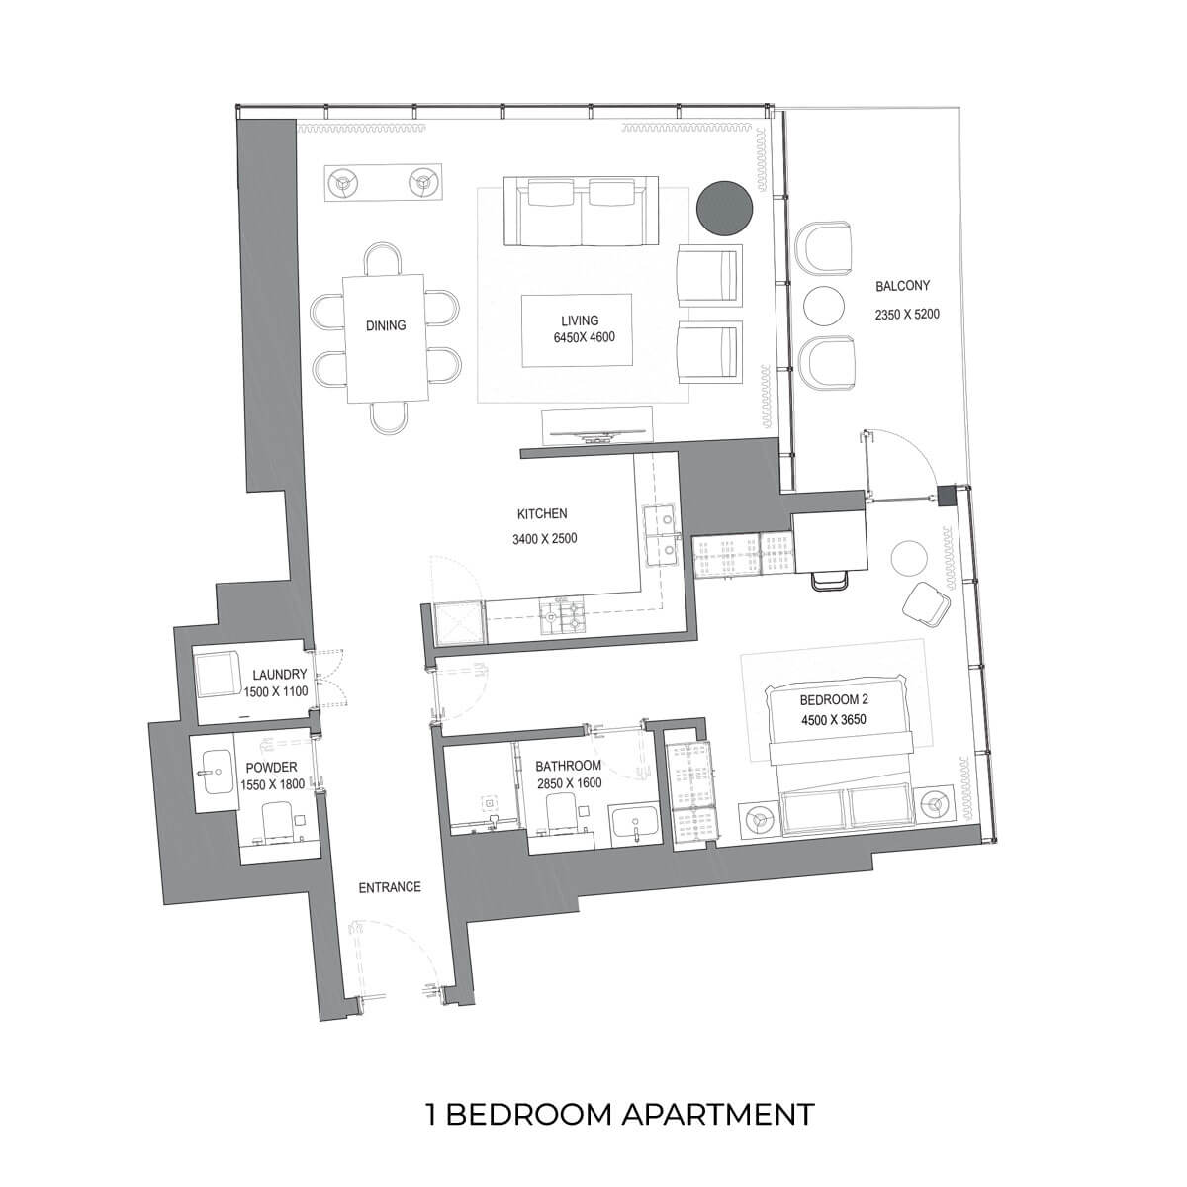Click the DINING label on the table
tap(386, 325)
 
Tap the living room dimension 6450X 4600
tap(584, 337)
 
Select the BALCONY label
tap(902, 286)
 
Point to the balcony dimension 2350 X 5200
tap(907, 315)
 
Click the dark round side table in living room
tap(724, 208)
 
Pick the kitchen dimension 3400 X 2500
tap(544, 539)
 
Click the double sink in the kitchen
tap(661, 535)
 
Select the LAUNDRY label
tap(279, 675)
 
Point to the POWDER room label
tap(271, 767)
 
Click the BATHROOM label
tap(568, 766)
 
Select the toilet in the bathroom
tap(560, 814)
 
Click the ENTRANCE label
tap(390, 887)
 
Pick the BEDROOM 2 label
tap(834, 699)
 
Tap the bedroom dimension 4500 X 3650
tap(834, 719)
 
